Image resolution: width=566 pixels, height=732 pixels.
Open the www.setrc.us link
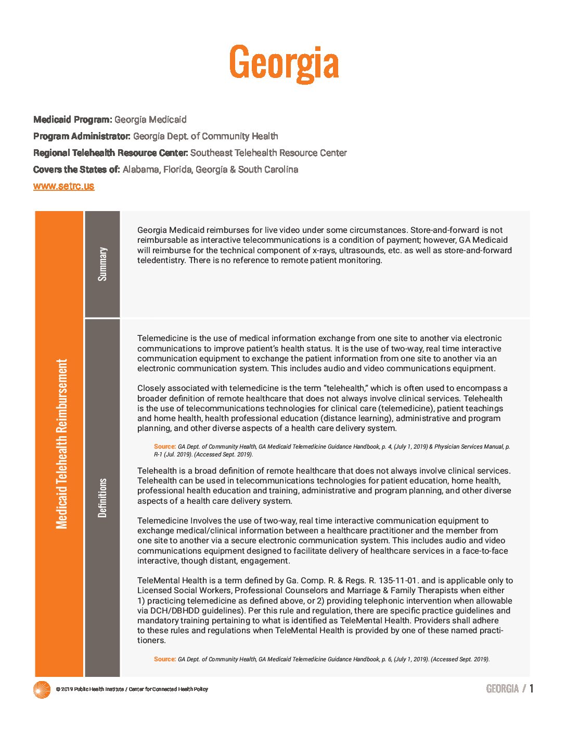(63, 186)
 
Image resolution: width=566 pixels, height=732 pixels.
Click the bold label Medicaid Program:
(73, 120)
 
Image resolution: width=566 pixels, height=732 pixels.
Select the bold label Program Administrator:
(82, 136)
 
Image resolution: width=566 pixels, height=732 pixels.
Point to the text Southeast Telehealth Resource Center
(268, 153)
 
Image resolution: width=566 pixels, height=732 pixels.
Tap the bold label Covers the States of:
(76, 169)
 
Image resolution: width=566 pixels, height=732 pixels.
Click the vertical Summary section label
(102, 264)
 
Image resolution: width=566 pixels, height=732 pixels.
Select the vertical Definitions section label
(102, 498)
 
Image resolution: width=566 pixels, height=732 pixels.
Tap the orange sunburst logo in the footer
(42, 689)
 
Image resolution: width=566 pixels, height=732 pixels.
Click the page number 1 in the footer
(531, 689)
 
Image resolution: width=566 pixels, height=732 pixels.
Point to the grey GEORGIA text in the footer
(502, 689)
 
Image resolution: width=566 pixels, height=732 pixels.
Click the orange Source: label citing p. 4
(165, 447)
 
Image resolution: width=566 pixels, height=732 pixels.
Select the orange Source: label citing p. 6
(165, 659)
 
